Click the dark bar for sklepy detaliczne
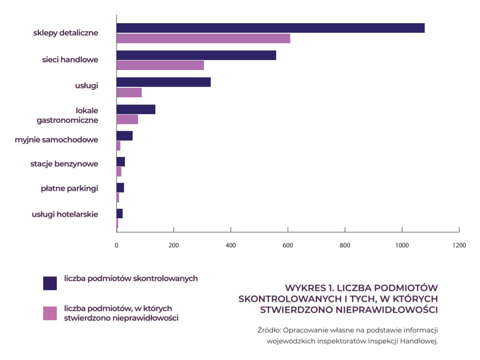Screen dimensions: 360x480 pos(270,28)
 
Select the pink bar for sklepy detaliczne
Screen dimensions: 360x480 pos(203,39)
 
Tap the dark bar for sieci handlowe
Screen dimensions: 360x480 pos(196,55)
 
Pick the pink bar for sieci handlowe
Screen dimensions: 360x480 pos(160,65)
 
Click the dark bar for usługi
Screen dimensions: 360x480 pos(163,82)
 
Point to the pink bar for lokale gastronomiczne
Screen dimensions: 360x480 pos(127,120)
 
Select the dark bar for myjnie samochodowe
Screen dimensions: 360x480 pos(124,136)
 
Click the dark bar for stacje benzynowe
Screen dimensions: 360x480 pos(121,162)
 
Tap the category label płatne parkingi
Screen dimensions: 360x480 pos(69,188)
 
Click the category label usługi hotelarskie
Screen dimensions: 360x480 pos(65,214)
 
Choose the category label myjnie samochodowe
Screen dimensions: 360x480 pos(56,140)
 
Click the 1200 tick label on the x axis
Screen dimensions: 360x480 pos(459,245)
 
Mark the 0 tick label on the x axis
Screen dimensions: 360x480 pos(117,245)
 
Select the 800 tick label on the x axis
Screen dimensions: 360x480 pos(345,245)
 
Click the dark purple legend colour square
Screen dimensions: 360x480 pos(50,283)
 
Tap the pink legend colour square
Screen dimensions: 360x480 pos(50,313)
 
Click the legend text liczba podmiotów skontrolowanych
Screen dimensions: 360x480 pos(131,279)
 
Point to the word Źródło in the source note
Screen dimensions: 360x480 pos(268,330)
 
